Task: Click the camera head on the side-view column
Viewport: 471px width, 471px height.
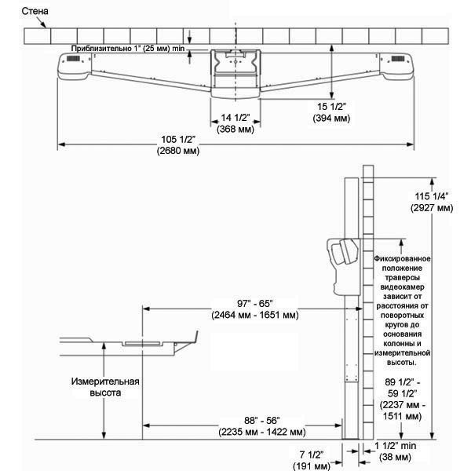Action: (x=341, y=259)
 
